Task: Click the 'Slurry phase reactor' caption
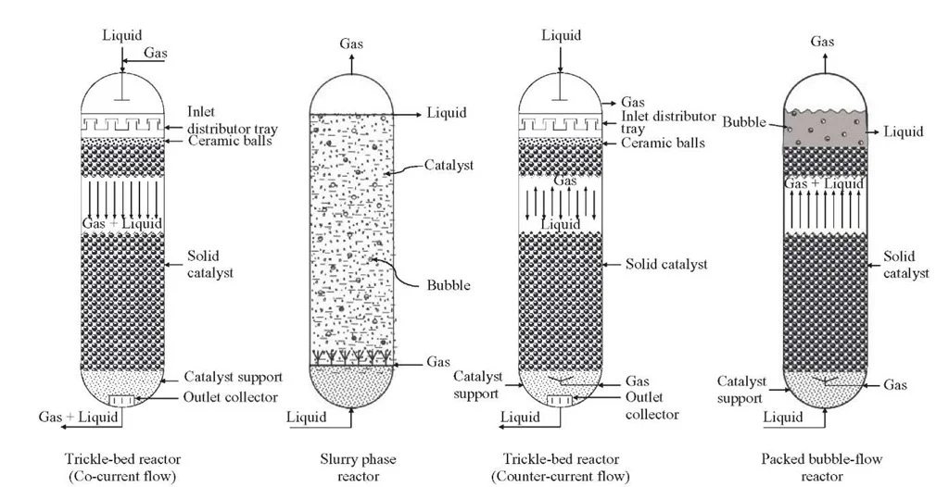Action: click(x=351, y=468)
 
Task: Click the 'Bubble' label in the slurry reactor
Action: click(x=449, y=285)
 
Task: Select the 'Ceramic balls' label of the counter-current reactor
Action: click(x=664, y=144)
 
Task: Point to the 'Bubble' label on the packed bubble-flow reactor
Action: click(x=741, y=122)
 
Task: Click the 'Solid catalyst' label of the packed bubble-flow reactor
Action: click(x=900, y=264)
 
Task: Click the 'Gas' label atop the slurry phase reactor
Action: click(x=351, y=44)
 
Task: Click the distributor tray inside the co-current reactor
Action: click(x=121, y=123)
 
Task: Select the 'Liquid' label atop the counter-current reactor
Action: click(x=562, y=36)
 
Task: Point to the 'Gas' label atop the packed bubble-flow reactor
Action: click(x=822, y=42)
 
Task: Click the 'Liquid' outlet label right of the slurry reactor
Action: click(x=447, y=113)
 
